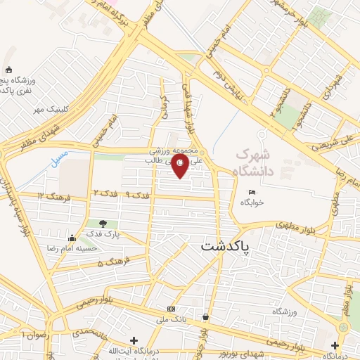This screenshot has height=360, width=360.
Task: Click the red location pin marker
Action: [x=181, y=164]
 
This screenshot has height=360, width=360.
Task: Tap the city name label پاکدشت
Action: [x=230, y=246]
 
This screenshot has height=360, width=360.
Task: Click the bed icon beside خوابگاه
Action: [x=252, y=192]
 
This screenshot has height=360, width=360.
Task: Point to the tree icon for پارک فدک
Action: [x=103, y=224]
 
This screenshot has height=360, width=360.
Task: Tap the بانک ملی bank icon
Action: [x=171, y=309]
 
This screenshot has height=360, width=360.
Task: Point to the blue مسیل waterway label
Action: [x=61, y=158]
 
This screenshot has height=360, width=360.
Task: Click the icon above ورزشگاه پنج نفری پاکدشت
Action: [x=8, y=70]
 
